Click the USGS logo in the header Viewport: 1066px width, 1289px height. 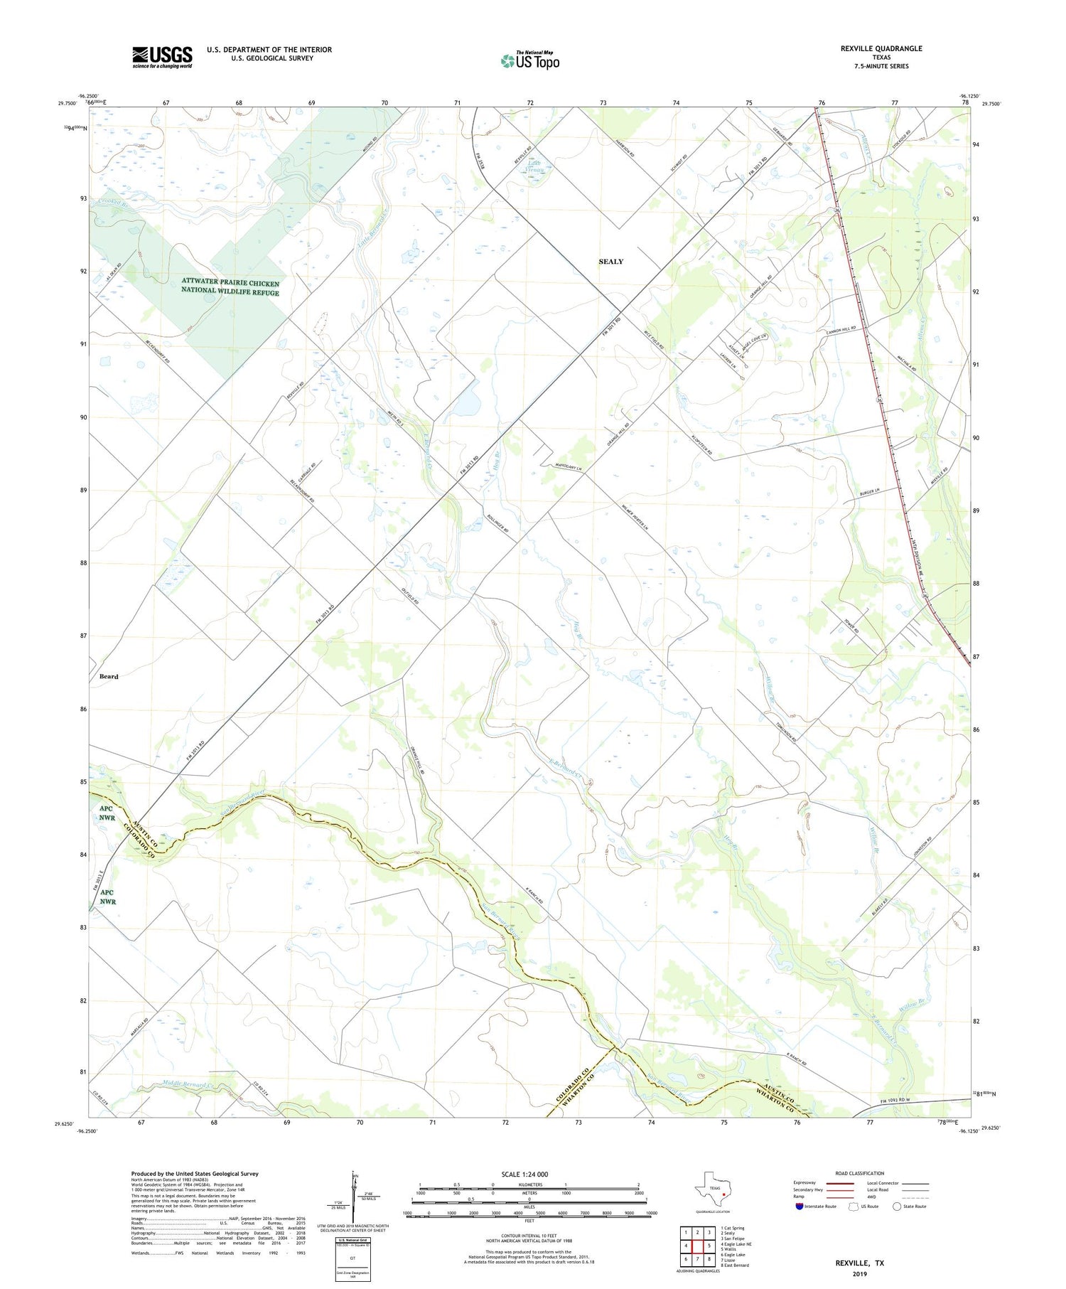point(162,57)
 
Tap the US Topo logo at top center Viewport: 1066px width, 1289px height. point(529,60)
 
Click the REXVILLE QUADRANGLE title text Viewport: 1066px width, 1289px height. point(881,48)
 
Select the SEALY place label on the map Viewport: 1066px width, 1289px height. point(610,262)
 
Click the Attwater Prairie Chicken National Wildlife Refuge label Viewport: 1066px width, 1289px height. point(230,287)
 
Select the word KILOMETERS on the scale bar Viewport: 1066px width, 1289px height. point(529,1184)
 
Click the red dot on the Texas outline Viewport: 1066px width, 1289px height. point(723,1195)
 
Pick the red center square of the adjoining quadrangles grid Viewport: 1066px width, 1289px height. point(697,1246)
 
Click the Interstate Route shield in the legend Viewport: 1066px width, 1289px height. point(800,1207)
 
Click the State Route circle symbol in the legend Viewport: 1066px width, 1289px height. point(897,1207)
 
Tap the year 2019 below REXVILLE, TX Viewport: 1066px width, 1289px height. point(859,1273)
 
